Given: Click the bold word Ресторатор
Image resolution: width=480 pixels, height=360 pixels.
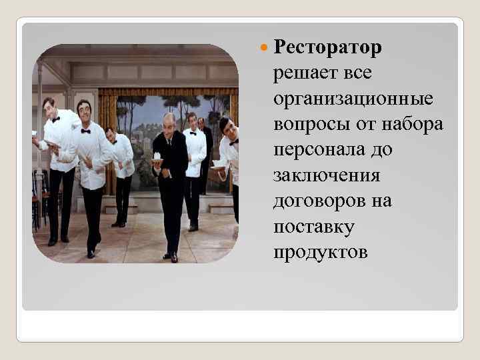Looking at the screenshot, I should [x=327, y=48].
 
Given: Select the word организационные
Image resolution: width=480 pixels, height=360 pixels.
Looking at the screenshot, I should [x=353, y=99].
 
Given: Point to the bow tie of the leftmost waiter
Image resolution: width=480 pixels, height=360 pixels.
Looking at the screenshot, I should [x=56, y=119].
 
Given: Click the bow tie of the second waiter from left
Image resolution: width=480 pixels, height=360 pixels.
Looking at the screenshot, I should [x=86, y=131].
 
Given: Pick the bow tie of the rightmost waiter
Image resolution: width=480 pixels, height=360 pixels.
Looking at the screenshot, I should [x=233, y=141].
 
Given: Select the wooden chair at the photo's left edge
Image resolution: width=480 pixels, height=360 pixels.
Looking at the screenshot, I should [x=36, y=200].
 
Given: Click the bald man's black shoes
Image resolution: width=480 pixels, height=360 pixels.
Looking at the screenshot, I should [x=171, y=256].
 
